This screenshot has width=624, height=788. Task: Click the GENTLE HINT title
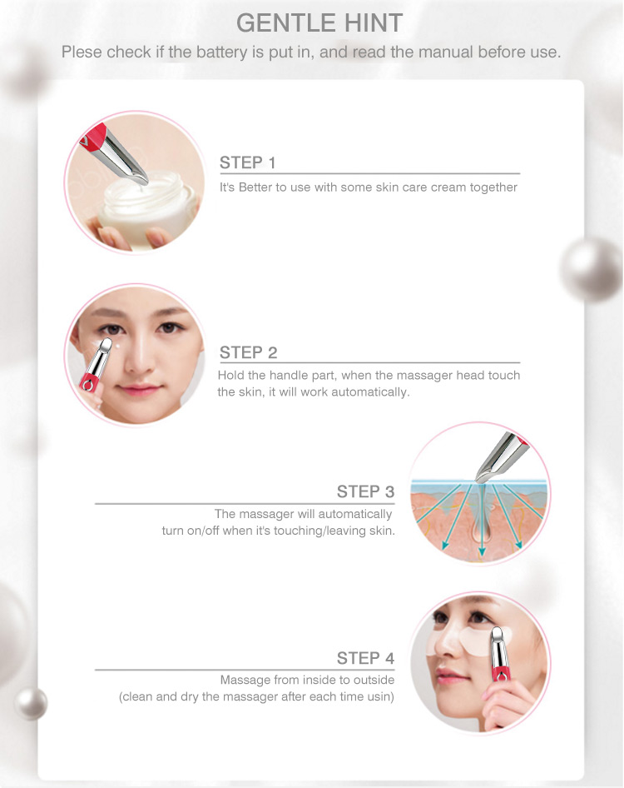[x=319, y=22]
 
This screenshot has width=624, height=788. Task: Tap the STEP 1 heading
[x=247, y=162]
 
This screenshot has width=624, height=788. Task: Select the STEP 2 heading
[x=248, y=352]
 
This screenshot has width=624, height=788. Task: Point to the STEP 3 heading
[x=365, y=491]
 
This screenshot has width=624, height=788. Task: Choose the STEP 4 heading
[x=365, y=658]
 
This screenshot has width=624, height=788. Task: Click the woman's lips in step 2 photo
[x=138, y=389]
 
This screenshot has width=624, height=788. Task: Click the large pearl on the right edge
[x=592, y=271]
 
